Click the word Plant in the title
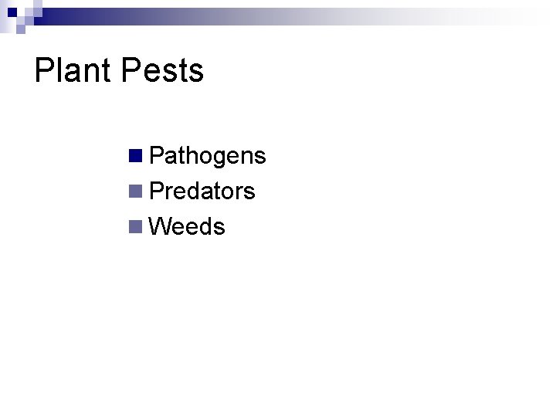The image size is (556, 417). (74, 70)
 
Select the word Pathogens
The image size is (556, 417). (207, 156)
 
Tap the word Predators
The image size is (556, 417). (202, 191)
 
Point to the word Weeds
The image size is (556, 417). (187, 226)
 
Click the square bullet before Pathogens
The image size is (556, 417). (136, 155)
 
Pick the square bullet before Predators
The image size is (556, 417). (136, 191)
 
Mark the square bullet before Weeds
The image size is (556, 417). (136, 226)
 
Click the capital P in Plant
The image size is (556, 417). (44, 70)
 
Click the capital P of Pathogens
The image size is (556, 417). (157, 156)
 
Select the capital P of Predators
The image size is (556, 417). (157, 191)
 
